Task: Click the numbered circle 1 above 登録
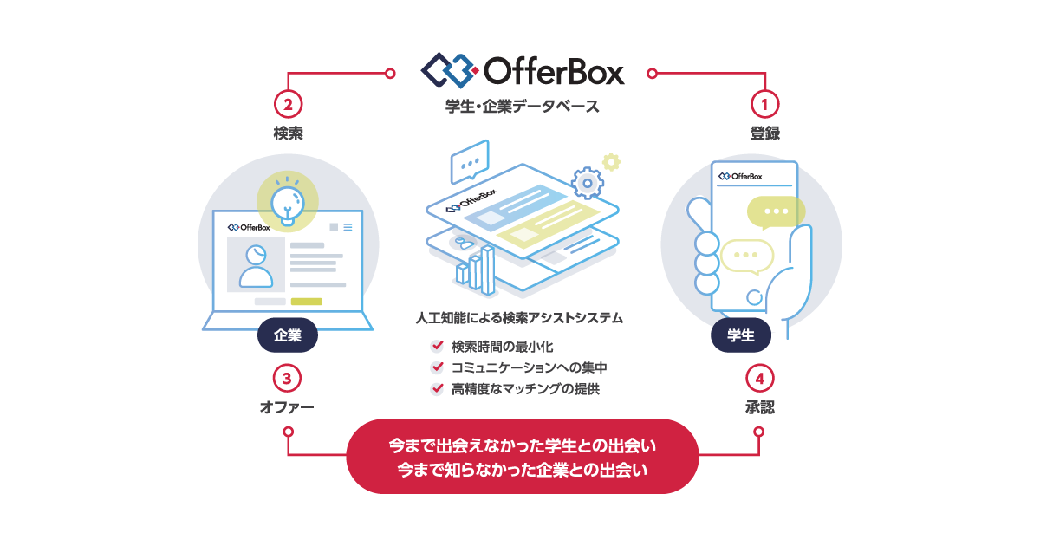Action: point(764,104)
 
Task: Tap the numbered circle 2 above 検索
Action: point(288,104)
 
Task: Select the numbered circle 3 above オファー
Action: point(288,378)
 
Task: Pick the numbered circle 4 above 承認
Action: point(759,378)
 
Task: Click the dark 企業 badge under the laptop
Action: point(288,336)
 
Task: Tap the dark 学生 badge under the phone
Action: point(741,336)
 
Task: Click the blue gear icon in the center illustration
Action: point(588,182)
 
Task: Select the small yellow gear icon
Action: point(612,161)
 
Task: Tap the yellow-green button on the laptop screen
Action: point(306,302)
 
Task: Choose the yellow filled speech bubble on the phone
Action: point(777,211)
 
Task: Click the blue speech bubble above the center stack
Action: point(470,161)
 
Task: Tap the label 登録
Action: point(764,133)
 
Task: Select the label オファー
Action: point(287,406)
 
